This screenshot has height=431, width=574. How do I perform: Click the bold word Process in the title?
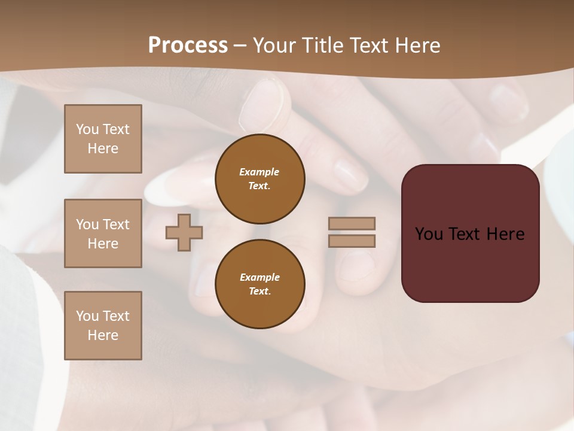[x=188, y=45]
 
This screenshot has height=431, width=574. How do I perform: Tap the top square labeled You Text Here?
[x=103, y=139]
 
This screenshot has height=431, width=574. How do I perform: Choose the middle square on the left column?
[x=103, y=233]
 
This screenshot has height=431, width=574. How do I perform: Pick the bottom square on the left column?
[x=103, y=326]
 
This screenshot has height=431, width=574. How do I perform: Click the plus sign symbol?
[x=184, y=232]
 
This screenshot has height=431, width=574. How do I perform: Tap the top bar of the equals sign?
[x=352, y=224]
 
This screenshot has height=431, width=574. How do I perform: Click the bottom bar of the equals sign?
[x=352, y=241]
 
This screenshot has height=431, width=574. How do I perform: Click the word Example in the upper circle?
[x=259, y=172]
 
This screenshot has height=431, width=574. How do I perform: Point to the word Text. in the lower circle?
[x=259, y=292]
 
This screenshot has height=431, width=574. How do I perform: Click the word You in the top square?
[x=87, y=129]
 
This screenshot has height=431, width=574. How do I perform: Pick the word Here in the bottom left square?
[x=103, y=335]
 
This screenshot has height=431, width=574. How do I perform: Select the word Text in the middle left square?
[x=116, y=224]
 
